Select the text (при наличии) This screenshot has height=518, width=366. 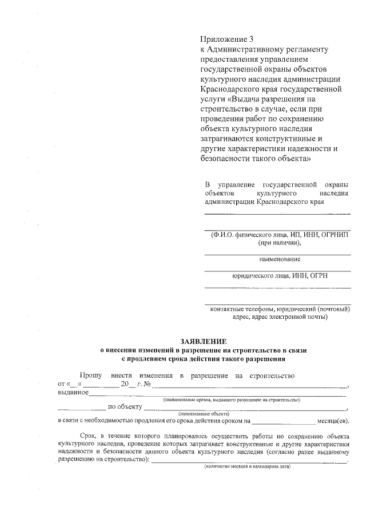click(x=278, y=243)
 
